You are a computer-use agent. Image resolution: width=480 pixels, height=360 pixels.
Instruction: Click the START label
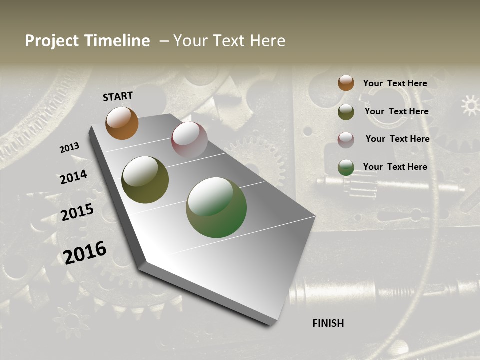(x=118, y=96)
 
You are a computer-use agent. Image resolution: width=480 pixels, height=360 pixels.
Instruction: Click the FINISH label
(x=328, y=323)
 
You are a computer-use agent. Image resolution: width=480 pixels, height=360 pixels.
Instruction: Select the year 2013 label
(x=69, y=148)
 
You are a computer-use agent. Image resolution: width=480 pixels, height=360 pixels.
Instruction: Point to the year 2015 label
(x=77, y=212)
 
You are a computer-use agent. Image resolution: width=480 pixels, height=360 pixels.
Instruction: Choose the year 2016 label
(x=85, y=252)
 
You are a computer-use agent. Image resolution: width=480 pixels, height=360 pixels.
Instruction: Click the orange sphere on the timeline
(x=122, y=123)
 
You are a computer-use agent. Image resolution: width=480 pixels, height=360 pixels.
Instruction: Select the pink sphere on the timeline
(x=189, y=140)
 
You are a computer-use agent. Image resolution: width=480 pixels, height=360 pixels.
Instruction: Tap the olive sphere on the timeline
(x=145, y=180)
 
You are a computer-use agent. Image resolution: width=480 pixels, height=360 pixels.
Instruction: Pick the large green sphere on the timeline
(x=216, y=207)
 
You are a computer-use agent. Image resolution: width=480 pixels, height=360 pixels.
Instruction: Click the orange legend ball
(x=346, y=83)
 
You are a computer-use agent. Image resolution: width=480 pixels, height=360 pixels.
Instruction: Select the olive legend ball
(x=346, y=112)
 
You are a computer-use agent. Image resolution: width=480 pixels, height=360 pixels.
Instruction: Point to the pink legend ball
(x=346, y=140)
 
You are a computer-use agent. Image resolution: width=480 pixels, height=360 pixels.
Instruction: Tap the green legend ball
(x=346, y=167)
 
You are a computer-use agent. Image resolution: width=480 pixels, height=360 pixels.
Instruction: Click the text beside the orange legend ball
(x=395, y=83)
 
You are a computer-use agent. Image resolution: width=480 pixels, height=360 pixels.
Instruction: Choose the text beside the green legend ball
(x=395, y=167)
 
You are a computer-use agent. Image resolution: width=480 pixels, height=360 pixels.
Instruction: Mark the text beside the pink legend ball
(x=397, y=139)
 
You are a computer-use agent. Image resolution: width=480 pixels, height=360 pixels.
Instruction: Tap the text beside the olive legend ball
(x=396, y=111)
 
